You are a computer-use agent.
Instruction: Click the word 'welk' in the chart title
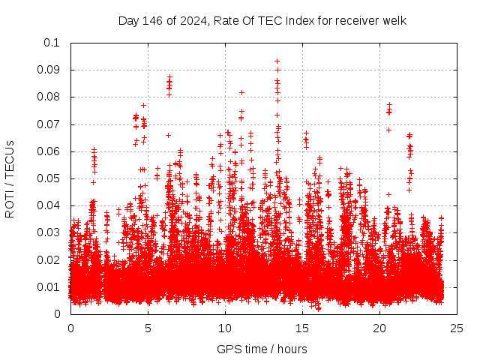point(393,20)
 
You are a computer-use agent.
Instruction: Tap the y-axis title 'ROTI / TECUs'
point(10,178)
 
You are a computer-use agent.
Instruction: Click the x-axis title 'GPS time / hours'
point(262,349)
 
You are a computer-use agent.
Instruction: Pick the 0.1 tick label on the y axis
point(52,43)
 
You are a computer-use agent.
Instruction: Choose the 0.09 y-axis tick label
point(49,70)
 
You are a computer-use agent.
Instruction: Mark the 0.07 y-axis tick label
point(49,124)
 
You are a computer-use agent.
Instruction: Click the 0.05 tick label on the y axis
point(49,178)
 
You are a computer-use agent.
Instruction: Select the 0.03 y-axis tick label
point(49,232)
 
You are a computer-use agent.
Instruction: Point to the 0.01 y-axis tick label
point(49,287)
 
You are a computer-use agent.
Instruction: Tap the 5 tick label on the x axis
point(148,328)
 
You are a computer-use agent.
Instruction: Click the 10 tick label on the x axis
point(224,328)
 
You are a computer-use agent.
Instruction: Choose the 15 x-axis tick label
point(301,328)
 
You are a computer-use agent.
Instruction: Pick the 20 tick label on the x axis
point(379,328)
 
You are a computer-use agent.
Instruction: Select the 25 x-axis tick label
point(456,328)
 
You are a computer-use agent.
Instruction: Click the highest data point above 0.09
point(277,61)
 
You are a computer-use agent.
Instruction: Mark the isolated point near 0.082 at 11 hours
point(241,92)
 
